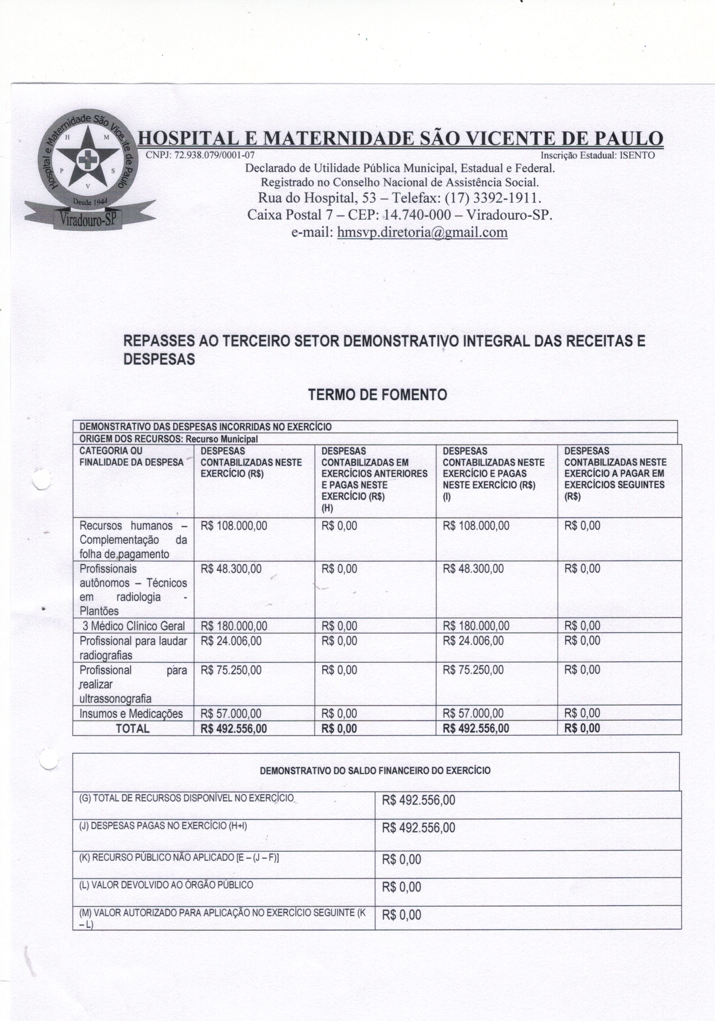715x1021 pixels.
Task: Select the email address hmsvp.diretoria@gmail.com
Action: pos(422,232)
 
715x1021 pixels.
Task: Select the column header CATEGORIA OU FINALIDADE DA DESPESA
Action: pos(131,457)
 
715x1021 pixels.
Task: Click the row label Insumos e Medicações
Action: pos(131,714)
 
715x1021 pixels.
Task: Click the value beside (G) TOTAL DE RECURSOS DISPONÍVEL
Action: pos(418,801)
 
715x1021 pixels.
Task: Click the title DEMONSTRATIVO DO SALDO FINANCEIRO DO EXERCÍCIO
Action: pos(375,771)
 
